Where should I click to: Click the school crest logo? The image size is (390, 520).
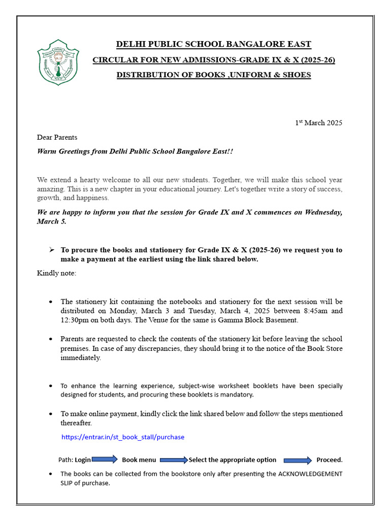(x=58, y=62)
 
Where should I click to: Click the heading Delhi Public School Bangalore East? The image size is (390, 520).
(x=214, y=44)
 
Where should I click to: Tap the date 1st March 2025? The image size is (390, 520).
(x=319, y=123)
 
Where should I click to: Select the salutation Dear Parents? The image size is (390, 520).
(x=57, y=137)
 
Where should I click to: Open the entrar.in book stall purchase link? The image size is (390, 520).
(x=123, y=437)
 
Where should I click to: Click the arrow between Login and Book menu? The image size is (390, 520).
(x=105, y=460)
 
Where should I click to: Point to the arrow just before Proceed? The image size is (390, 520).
(x=298, y=460)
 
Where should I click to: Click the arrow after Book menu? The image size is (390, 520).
(x=174, y=460)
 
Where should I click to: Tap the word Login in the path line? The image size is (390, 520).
(x=83, y=460)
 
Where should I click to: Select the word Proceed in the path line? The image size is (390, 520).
(x=329, y=460)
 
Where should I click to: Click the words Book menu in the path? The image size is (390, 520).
(x=139, y=460)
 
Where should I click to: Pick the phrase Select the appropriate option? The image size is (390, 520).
(x=233, y=460)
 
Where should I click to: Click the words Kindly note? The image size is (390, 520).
(x=56, y=273)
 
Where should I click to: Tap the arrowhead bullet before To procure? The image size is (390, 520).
(x=51, y=250)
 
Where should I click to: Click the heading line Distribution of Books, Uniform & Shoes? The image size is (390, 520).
(x=214, y=75)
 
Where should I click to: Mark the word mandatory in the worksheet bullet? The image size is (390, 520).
(x=237, y=395)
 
